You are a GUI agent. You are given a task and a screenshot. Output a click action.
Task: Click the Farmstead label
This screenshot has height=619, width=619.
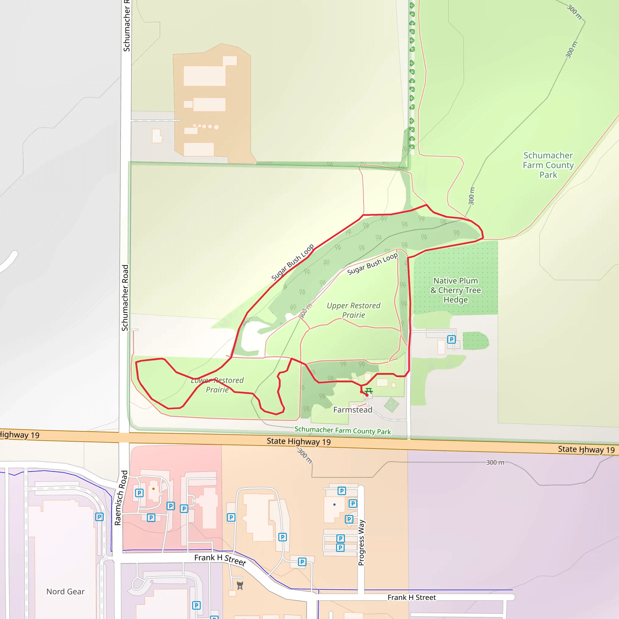click(352, 410)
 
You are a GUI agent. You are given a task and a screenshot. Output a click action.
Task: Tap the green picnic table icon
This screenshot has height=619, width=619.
click(369, 391)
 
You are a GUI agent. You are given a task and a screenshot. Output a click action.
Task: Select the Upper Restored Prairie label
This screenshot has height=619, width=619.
click(353, 310)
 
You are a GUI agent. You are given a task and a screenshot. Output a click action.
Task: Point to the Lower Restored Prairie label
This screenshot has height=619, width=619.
click(217, 385)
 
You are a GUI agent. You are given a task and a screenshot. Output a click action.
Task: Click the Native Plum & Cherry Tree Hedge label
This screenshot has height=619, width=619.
click(455, 290)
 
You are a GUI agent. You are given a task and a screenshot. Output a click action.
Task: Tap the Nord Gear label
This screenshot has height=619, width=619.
click(65, 591)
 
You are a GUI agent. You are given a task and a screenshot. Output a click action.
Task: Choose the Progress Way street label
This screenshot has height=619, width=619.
click(361, 543)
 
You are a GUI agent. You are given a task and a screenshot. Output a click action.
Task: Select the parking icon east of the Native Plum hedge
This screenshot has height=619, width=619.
click(451, 339)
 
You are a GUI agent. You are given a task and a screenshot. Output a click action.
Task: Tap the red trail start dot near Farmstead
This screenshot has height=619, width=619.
click(367, 395)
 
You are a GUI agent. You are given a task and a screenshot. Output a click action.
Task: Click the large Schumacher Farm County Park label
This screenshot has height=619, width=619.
click(548, 165)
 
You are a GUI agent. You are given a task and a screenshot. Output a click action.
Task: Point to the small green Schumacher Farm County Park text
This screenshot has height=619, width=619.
click(342, 430)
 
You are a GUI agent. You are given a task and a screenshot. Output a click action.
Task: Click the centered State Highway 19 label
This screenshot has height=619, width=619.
click(299, 442)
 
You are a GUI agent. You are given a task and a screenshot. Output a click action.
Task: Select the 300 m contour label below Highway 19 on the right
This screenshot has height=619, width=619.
click(495, 462)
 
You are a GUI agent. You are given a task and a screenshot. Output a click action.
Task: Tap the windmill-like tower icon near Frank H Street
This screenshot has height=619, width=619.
click(240, 586)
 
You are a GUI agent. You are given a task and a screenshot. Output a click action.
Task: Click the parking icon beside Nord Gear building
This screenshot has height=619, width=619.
click(99, 517)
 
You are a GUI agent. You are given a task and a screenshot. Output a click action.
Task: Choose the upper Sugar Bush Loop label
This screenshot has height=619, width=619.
click(292, 262)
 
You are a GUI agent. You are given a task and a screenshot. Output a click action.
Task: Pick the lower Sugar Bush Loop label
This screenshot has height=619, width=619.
click(372, 264)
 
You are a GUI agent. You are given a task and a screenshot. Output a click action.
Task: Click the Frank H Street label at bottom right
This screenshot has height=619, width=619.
click(411, 597)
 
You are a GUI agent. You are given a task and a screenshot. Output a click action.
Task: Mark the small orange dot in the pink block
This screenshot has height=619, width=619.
click(154, 489)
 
